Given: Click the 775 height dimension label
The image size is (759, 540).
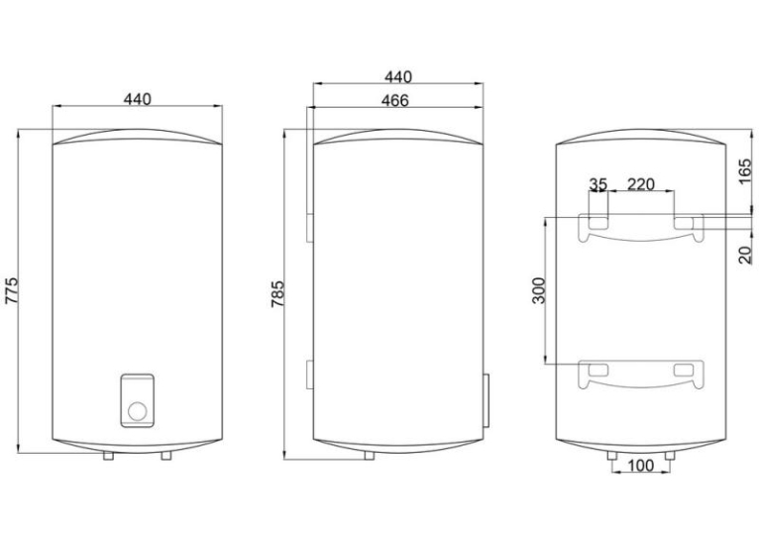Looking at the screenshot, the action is [x=11, y=290].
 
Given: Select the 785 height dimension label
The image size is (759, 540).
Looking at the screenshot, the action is [x=278, y=293].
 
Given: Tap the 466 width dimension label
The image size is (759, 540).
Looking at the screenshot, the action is [x=395, y=101].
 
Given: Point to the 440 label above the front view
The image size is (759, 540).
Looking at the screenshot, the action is [x=138, y=99].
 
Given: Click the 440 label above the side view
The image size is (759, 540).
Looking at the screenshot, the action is [x=398, y=77].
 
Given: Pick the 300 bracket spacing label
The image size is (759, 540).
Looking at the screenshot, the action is [x=539, y=290].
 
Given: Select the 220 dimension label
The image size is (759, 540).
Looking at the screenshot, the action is [x=641, y=184].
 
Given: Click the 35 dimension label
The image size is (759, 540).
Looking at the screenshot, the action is [x=597, y=184].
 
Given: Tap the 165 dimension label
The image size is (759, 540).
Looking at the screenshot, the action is [x=746, y=171].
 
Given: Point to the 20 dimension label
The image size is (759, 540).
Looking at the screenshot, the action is [x=746, y=255].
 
